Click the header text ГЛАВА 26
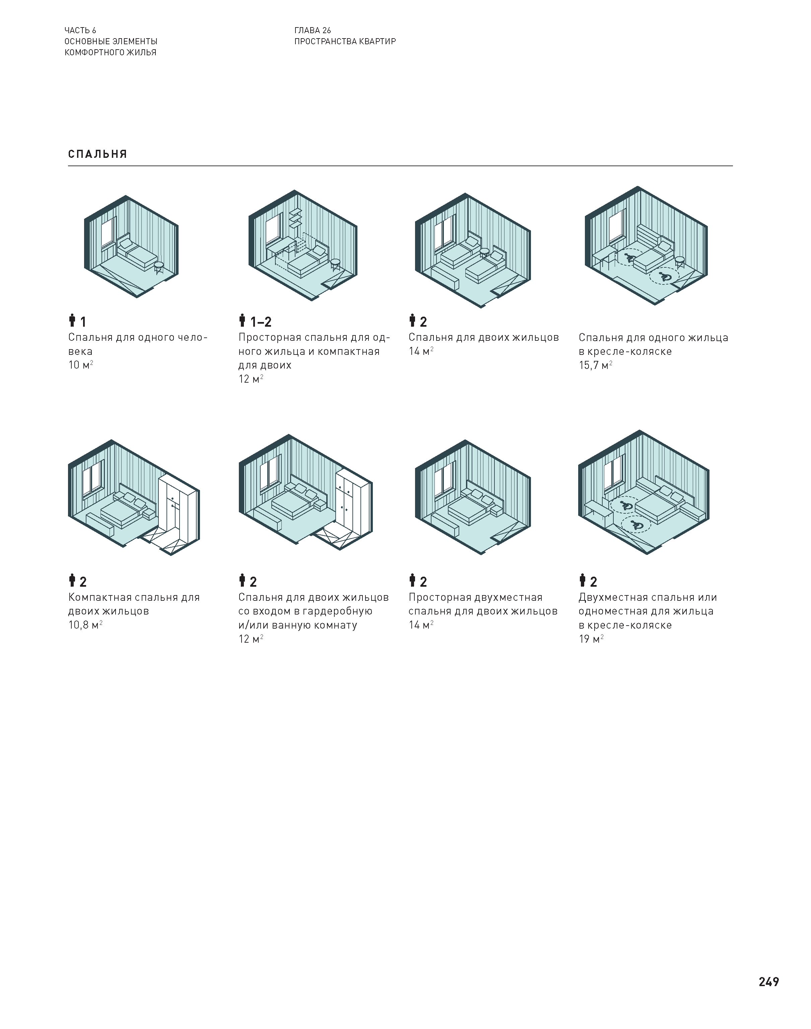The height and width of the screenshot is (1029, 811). [x=313, y=30]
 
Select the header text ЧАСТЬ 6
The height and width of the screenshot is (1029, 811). [x=80, y=30]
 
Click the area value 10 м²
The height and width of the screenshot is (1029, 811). [x=81, y=365]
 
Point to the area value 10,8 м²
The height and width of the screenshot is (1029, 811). [x=85, y=625]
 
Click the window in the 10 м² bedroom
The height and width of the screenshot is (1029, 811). [x=109, y=233]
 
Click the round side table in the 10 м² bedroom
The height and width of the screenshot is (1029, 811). [x=159, y=267]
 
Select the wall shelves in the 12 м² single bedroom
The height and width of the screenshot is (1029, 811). [x=296, y=218]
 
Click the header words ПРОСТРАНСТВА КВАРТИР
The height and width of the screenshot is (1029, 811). [x=345, y=41]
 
